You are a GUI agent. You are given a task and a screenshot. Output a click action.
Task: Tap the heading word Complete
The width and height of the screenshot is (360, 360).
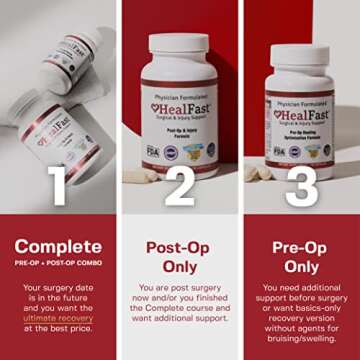pyautogui.click(x=59, y=246)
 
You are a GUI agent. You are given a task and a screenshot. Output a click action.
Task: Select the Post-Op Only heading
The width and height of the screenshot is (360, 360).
pyautogui.click(x=180, y=256)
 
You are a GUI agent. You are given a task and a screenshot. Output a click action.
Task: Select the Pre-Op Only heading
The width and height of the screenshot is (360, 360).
pyautogui.click(x=302, y=256)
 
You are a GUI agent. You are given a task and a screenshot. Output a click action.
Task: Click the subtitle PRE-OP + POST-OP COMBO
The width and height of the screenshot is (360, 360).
pyautogui.click(x=59, y=264)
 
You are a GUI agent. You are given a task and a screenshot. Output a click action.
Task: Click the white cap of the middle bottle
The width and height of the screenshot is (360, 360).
pyautogui.click(x=180, y=46)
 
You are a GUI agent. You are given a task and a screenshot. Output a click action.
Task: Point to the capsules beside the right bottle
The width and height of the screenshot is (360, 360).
pyautogui.click(x=258, y=174)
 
